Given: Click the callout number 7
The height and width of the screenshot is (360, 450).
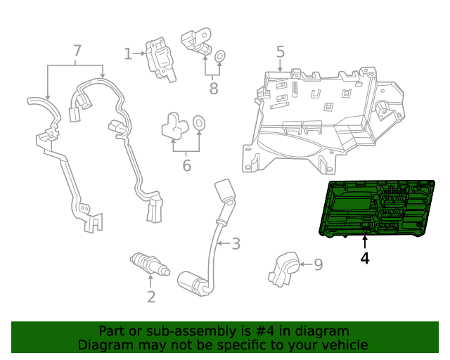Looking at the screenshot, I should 77,51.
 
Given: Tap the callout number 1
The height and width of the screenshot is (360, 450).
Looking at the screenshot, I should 128,53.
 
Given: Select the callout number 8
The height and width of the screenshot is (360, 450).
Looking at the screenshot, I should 213,88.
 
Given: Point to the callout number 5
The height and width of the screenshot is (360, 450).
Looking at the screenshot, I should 280,51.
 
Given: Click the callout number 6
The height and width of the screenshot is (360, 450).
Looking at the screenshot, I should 186,165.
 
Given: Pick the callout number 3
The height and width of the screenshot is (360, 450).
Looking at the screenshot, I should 236,244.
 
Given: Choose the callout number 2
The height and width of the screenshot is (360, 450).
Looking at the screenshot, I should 150,297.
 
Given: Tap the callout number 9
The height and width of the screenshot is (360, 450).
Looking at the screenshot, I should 318,264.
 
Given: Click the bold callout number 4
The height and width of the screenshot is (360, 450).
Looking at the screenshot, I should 364,258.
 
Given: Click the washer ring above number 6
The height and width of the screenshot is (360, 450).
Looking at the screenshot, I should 200,124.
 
